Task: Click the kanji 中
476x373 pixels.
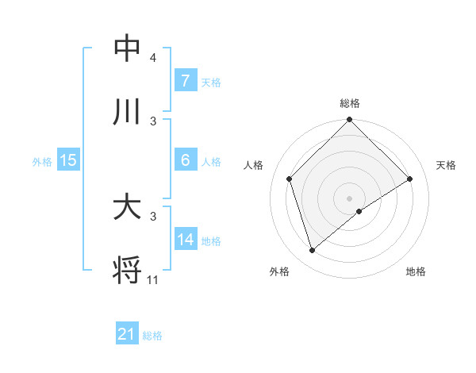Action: (127, 49)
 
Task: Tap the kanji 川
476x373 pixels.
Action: (127, 112)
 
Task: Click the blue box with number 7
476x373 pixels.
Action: (185, 81)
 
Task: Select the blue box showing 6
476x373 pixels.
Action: (185, 160)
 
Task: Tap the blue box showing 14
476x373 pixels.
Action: (185, 240)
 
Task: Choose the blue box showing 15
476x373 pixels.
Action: (67, 160)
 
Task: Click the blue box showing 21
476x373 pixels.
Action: (126, 335)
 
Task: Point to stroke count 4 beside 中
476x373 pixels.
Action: (153, 59)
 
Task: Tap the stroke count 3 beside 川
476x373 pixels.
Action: (153, 121)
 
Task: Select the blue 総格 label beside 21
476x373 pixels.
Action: (152, 336)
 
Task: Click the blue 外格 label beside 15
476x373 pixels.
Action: (42, 161)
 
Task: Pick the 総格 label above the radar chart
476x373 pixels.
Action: (350, 104)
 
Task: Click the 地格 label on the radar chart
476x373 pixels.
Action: (416, 271)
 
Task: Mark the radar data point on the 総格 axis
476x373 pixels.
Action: (350, 121)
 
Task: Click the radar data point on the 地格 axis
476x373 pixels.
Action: (359, 211)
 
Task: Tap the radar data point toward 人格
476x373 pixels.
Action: (290, 179)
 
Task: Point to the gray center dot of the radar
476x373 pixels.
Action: (350, 198)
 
